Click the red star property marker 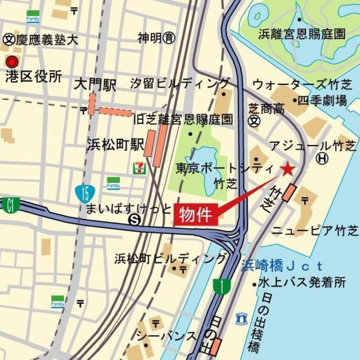click(287, 168)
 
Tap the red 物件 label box click(195, 215)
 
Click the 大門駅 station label click(95, 85)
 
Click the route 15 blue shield click(84, 193)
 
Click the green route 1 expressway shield click(223, 287)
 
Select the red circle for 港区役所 click(11, 61)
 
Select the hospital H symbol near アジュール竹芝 click(322, 159)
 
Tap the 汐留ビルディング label click(179, 84)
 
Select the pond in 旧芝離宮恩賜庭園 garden click(202, 160)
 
